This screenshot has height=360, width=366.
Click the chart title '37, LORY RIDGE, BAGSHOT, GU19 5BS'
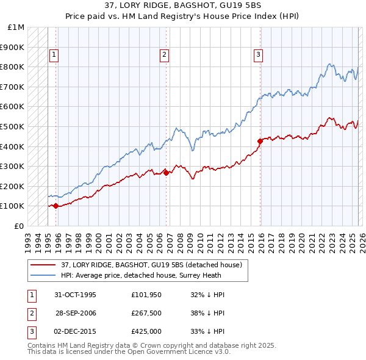(183, 6)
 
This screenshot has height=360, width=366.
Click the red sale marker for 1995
(56, 206)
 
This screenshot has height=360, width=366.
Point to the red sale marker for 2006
(166, 173)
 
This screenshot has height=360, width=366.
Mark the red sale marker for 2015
(260, 141)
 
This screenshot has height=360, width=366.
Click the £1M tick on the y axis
(16, 27)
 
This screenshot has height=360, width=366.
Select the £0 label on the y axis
(19, 226)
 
